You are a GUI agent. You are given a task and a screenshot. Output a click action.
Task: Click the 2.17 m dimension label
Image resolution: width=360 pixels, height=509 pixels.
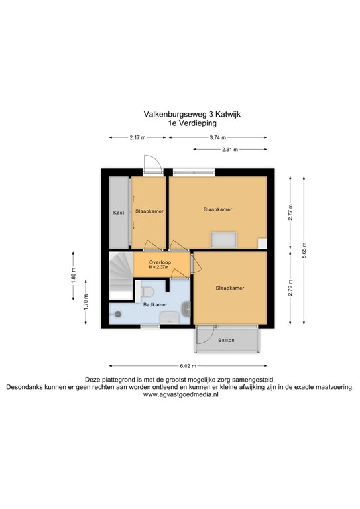(137, 137)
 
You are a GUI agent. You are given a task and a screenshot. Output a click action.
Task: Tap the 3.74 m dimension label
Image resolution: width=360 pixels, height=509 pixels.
(217, 137)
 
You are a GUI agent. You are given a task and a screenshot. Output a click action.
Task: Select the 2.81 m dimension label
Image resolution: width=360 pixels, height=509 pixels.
(230, 150)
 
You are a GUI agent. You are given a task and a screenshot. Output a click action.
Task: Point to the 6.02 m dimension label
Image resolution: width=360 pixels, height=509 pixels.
(188, 366)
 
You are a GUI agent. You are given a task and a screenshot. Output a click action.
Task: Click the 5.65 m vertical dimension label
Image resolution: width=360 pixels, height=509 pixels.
(304, 251)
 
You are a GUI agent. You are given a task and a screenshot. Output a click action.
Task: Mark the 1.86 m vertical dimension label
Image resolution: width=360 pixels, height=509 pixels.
(73, 276)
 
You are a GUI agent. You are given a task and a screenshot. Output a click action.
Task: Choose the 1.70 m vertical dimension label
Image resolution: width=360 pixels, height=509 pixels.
(86, 302)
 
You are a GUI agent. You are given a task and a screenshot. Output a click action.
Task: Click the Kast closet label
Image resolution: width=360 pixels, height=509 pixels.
(119, 213)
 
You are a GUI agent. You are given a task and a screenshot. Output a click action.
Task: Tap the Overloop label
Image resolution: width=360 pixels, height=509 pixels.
(160, 262)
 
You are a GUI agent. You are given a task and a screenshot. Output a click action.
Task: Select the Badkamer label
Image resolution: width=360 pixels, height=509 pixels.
(156, 304)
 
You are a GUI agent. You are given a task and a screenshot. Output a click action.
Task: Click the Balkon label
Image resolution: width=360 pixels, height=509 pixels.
(226, 340)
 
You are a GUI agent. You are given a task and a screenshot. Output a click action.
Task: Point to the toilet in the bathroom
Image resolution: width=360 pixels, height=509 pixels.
(147, 292)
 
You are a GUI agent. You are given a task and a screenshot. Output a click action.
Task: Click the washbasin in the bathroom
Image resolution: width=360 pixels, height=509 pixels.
(186, 309)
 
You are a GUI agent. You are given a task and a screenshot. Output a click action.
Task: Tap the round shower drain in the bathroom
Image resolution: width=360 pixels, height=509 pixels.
(118, 314)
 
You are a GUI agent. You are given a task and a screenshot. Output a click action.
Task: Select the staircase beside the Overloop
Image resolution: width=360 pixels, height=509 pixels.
(121, 276)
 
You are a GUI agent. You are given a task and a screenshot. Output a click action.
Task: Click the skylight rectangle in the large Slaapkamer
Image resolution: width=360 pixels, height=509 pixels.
(223, 240)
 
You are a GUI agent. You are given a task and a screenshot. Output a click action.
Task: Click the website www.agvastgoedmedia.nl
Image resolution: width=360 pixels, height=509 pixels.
(181, 395)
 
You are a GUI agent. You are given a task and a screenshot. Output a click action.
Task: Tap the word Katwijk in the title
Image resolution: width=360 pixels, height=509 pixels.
(228, 114)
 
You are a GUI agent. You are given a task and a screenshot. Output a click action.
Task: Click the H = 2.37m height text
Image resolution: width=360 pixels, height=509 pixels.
(158, 268)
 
